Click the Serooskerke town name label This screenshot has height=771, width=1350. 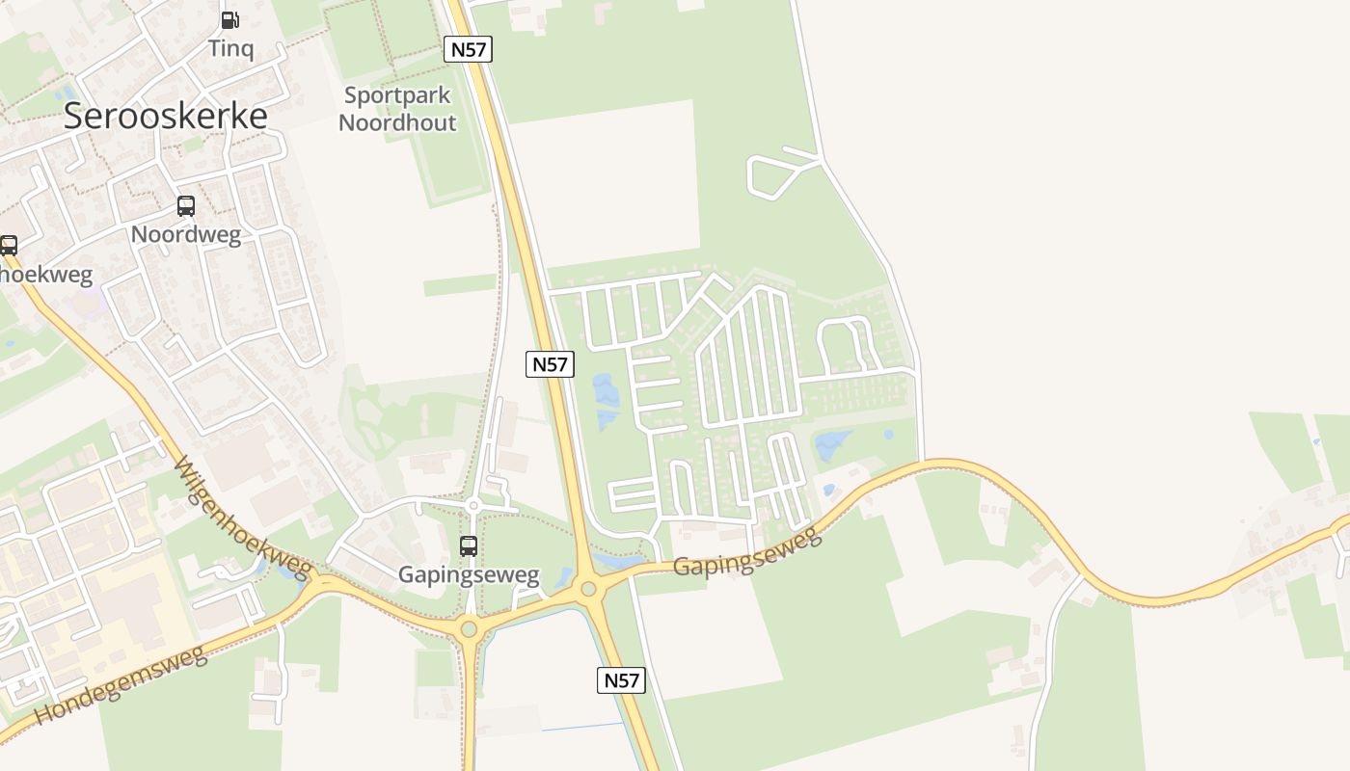[165, 116]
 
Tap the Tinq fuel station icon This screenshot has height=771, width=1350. [230, 19]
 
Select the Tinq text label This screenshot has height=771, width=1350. [231, 48]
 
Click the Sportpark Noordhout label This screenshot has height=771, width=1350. [397, 109]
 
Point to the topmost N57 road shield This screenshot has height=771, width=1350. [468, 49]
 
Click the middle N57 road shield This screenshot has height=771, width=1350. [550, 364]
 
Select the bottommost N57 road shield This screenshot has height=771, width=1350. [621, 680]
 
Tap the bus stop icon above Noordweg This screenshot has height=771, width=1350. [185, 206]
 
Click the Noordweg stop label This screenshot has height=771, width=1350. [185, 234]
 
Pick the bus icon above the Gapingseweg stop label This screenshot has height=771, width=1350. [469, 546]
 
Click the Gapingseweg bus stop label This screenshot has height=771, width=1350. [469, 575]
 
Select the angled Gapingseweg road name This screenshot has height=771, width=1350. [748, 552]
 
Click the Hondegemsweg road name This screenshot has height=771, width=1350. [121, 685]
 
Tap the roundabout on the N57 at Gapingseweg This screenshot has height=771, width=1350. [587, 588]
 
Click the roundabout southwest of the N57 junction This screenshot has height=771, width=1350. [469, 629]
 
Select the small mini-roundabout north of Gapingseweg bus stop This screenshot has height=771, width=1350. [473, 505]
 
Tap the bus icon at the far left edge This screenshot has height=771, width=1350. [8, 245]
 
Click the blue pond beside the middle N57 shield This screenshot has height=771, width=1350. [607, 401]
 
